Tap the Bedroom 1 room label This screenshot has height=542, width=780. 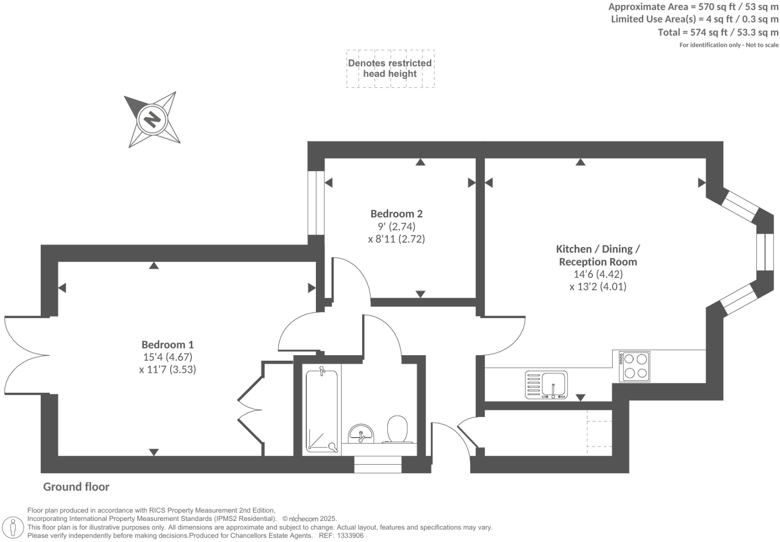167,345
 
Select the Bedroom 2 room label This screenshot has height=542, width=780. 396,213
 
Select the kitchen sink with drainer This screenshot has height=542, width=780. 546,385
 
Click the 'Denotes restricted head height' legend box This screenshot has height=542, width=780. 390,69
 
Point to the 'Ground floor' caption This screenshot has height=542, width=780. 76,487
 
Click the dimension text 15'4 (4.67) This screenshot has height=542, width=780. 167,357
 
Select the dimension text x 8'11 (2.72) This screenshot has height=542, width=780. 396,239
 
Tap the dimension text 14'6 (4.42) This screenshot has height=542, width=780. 598,274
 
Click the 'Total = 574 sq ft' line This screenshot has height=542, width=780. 718,32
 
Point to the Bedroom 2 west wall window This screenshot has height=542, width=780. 315,203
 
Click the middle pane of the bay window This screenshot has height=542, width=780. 765,252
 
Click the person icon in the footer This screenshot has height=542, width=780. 14,527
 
